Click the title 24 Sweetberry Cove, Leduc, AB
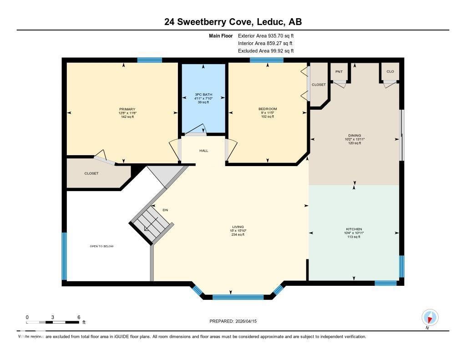click(233, 22)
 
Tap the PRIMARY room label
click(127, 109)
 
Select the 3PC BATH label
click(203, 95)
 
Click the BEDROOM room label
click(267, 109)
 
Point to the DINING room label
click(355, 135)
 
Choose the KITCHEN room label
click(354, 229)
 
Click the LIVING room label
click(238, 227)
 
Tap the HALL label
click(203, 151)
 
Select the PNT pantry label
click(339, 72)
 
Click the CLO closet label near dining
click(390, 72)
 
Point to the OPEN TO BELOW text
click(101, 246)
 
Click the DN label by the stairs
click(165, 210)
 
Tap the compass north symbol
click(430, 317)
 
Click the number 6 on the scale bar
click(79, 317)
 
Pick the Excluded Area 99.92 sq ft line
click(265, 51)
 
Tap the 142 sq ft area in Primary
click(127, 117)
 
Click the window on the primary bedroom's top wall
click(149, 60)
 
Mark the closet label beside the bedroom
click(319, 85)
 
